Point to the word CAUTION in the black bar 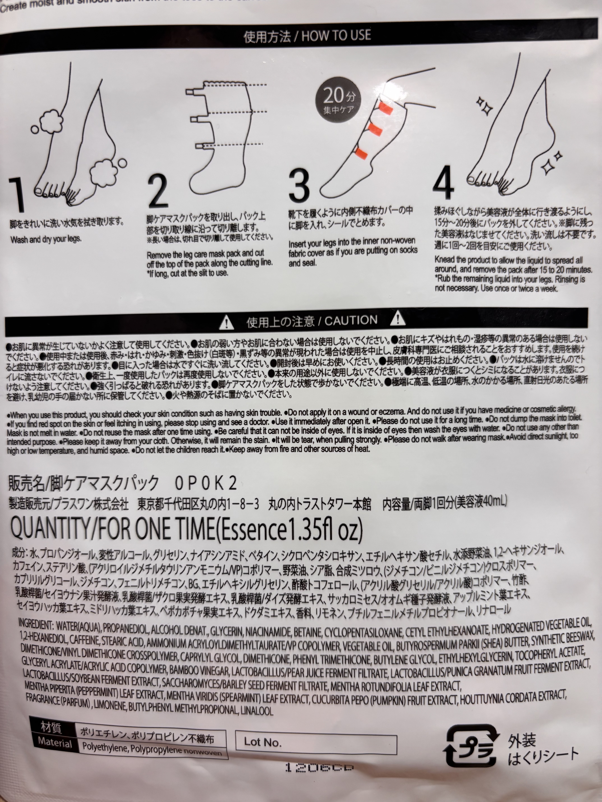pos(351,320)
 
